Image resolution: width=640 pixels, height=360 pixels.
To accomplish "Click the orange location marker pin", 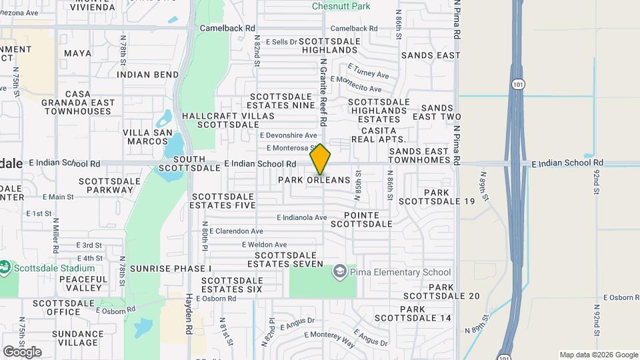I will coord(320,159).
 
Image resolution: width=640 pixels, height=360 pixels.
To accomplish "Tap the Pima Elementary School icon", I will coord(340,272).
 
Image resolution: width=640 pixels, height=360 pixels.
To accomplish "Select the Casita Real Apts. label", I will coord(379,135).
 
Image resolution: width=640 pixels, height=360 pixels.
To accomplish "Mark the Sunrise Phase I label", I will coord(170,268).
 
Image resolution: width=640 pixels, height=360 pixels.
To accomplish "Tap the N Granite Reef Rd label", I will coord(323,93).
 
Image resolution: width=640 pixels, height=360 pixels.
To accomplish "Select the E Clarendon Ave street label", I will coord(237,231).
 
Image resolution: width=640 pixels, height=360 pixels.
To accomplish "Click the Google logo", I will coord(22,351).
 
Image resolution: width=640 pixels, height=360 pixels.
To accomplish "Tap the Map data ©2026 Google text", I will coord(599,355).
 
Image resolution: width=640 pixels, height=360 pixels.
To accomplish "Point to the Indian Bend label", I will coord(147,75).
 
